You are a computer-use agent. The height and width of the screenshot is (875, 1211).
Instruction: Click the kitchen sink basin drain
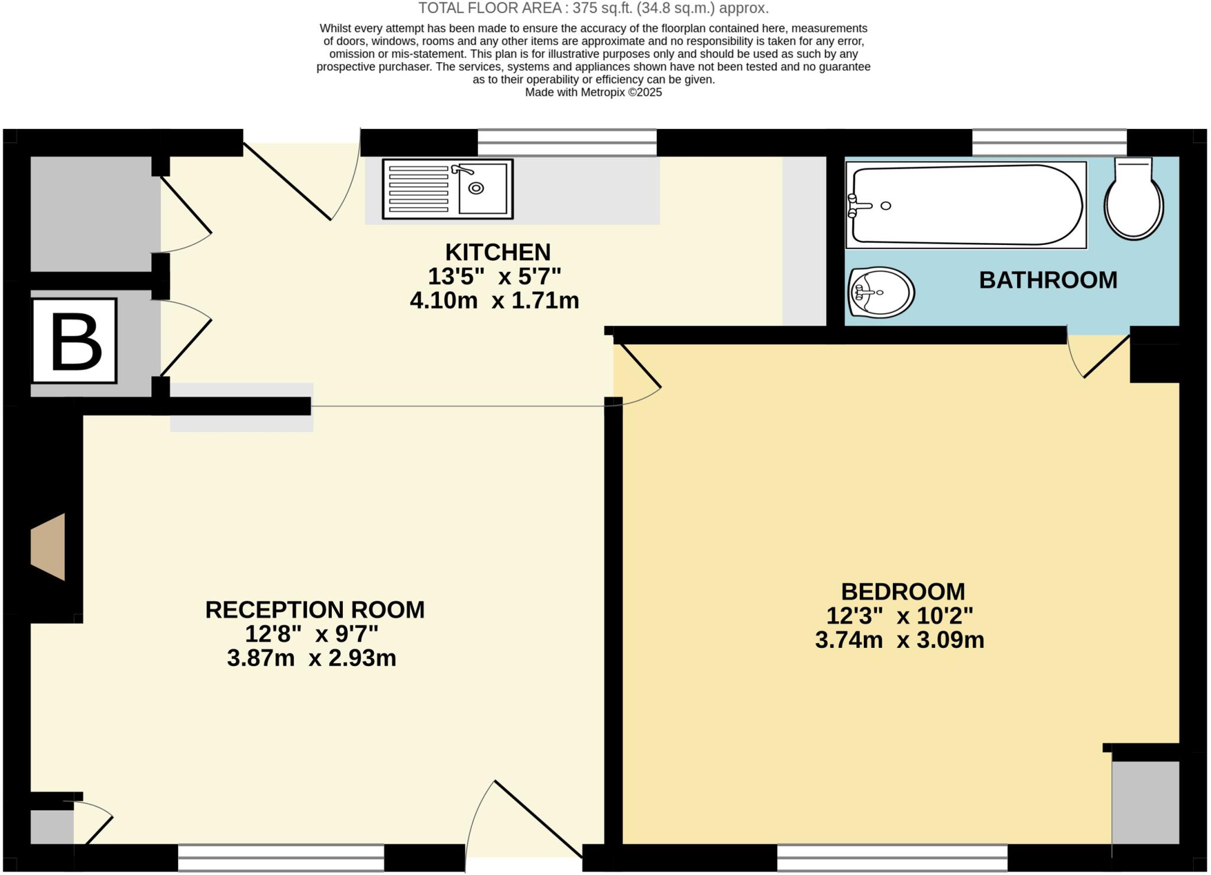(x=476, y=188)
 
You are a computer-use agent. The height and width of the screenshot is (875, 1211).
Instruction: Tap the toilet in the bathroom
(x=1134, y=199)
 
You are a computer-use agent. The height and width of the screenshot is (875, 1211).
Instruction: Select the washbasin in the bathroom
(x=880, y=292)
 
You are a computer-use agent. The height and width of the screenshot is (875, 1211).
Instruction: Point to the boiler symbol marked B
(x=75, y=341)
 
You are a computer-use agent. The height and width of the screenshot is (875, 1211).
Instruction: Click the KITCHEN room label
(x=497, y=253)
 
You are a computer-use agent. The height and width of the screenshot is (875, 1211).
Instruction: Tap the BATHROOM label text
(x=1048, y=280)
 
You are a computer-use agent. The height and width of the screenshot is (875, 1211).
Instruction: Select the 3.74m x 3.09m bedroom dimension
(x=899, y=640)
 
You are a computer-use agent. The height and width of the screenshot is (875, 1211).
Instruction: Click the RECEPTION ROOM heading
(x=315, y=610)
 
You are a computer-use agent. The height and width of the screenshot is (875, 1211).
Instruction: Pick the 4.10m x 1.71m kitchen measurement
(x=494, y=301)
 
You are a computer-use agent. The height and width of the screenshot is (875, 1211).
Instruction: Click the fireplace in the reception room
(x=49, y=547)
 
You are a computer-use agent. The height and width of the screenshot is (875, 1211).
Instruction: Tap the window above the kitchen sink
(x=566, y=143)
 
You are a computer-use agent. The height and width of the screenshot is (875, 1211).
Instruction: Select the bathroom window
(x=1049, y=143)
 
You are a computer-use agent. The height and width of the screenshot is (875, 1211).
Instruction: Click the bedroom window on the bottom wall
(x=892, y=858)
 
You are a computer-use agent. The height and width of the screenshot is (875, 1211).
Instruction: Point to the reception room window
(x=281, y=858)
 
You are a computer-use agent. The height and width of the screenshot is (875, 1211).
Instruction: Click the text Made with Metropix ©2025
(x=593, y=92)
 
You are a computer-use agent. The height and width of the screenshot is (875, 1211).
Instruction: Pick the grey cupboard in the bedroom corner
(x=1145, y=802)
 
